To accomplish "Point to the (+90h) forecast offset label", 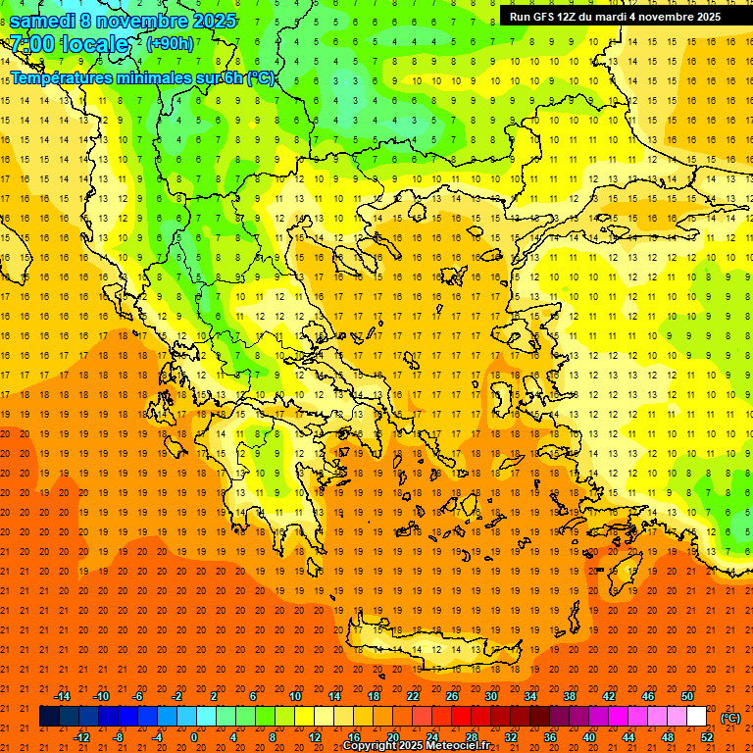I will [170, 44].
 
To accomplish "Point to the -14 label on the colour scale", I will [61, 696].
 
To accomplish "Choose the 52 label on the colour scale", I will [707, 737].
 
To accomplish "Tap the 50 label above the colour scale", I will [687, 696].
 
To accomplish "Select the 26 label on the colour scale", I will [452, 696].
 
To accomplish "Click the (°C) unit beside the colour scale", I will [730, 718].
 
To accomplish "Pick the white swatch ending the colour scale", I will [696, 717].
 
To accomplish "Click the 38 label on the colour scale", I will [570, 696].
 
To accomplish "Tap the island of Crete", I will [431, 649].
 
